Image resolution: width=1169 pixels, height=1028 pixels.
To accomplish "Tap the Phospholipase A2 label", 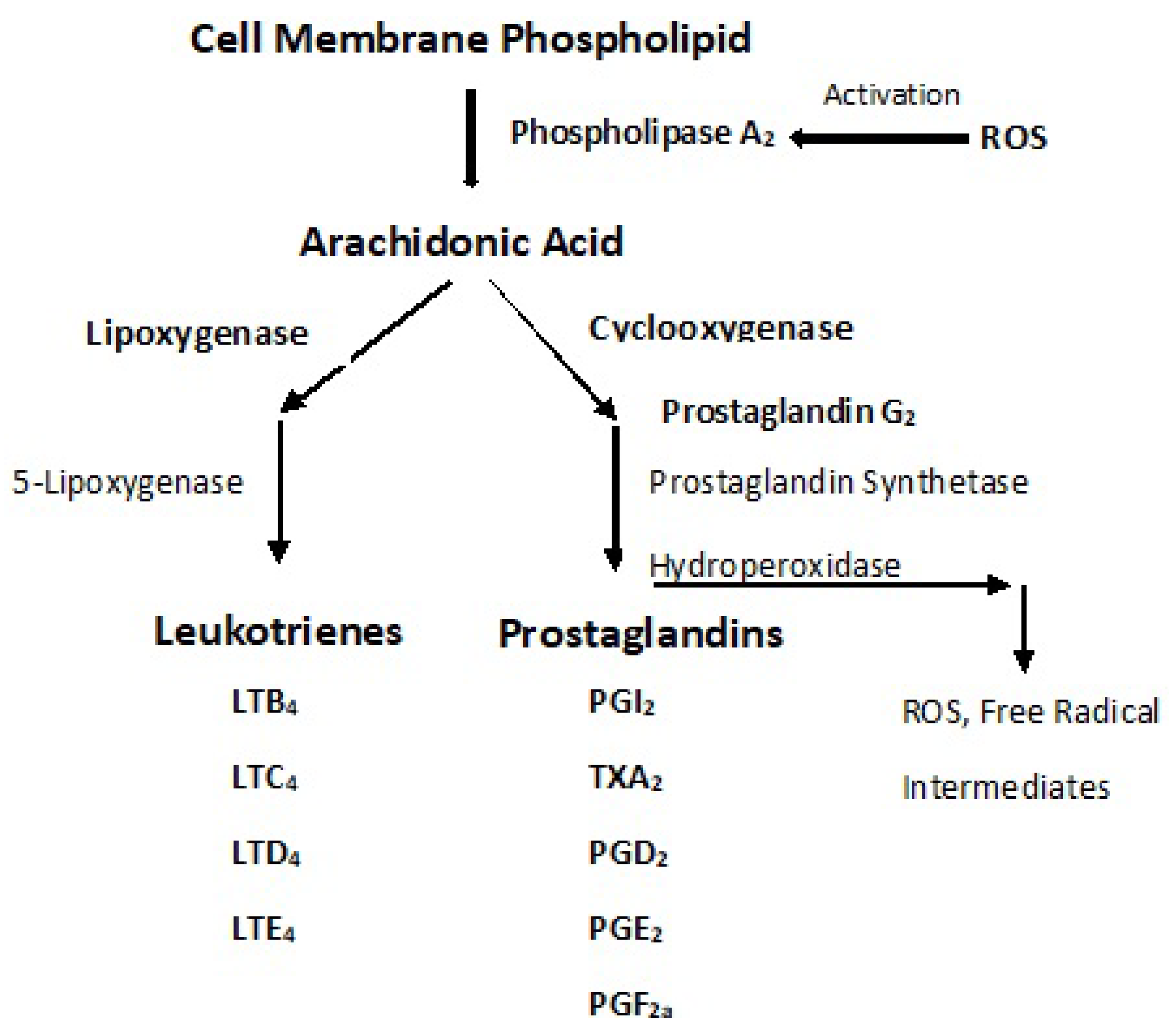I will tap(642, 134).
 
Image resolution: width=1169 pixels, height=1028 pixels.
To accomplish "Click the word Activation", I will tap(891, 95).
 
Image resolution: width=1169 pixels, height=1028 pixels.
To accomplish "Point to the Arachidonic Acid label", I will tap(461, 243).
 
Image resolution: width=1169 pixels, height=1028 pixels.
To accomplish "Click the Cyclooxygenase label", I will tap(720, 329).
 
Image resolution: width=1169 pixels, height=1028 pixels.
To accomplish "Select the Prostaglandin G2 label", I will tap(788, 412).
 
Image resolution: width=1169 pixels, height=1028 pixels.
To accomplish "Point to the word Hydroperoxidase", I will tap(774, 566).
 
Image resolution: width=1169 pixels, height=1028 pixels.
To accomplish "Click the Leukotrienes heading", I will tap(278, 632).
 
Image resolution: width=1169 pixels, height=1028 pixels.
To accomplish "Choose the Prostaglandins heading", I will tap(641, 634).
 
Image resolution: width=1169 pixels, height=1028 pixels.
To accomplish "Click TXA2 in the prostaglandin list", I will tap(625, 778).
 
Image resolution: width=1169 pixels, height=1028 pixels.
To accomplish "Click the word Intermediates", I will tap(1005, 788).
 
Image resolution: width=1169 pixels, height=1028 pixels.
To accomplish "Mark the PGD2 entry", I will tap(627, 854).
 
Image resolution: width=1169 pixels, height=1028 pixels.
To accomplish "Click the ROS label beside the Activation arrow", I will tap(1013, 138).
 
